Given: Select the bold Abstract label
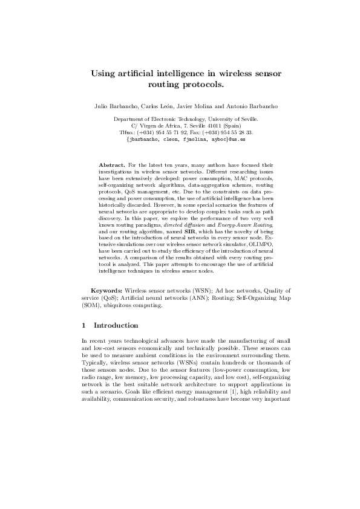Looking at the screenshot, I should tap(111, 164).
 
